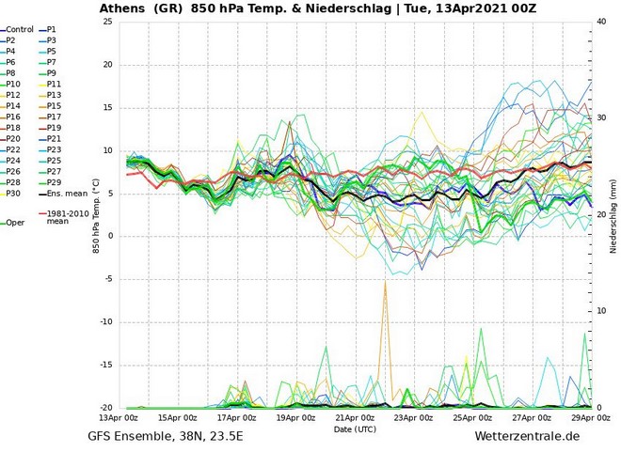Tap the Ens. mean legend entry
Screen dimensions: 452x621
pos(67,194)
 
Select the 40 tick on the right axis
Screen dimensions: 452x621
pos(602,22)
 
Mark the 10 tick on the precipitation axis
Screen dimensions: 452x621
pos(602,311)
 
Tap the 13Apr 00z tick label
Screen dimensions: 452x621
pos(119,417)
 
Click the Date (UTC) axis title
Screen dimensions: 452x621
pos(356,429)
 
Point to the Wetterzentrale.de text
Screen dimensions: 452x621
pos(527,437)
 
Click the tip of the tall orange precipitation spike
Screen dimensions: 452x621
pos(385,280)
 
